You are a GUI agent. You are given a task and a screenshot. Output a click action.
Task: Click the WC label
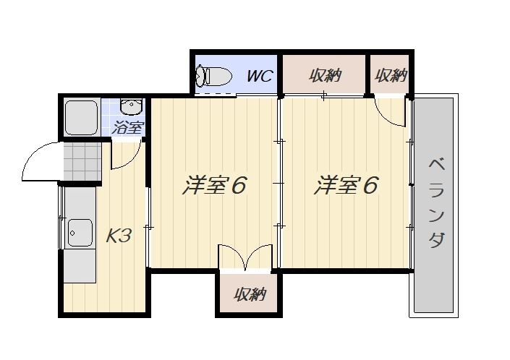[260, 76]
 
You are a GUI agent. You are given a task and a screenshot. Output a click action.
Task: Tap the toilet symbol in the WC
[213, 77]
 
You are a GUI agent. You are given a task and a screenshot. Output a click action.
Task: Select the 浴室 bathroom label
[127, 127]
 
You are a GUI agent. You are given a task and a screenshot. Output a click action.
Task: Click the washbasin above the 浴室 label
[131, 106]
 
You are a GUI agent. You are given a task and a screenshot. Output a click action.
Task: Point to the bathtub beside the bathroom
[81, 118]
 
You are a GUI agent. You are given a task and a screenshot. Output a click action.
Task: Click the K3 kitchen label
[119, 236]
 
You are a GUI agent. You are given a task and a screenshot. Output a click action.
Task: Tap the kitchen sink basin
[80, 233]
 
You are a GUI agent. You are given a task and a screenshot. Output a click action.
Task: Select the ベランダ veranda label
[436, 204]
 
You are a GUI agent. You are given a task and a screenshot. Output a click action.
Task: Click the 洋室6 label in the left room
[214, 185]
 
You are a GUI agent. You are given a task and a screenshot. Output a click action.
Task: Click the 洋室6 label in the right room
[346, 185]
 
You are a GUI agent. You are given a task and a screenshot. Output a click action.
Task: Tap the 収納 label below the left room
[250, 294]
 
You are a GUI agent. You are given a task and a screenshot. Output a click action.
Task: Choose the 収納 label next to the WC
[324, 76]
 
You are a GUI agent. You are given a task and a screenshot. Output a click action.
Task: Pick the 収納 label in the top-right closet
[391, 76]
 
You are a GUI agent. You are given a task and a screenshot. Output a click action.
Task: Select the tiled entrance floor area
[82, 162]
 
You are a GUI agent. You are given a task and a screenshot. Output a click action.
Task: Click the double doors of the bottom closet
[245, 257]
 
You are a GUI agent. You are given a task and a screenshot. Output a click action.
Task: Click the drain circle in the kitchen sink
[72, 233]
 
